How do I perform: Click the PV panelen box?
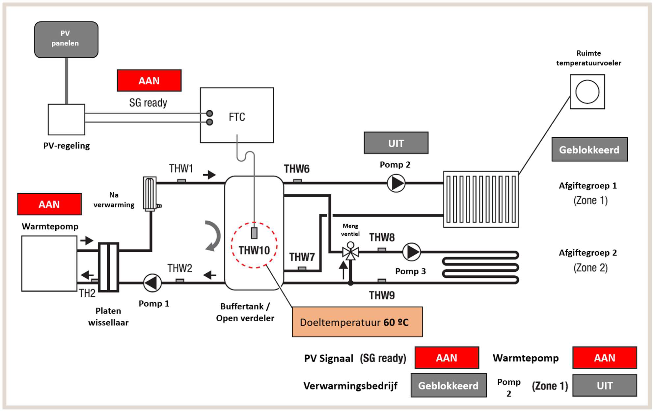pyautogui.click(x=66, y=40)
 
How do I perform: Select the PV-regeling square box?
pyautogui.click(x=66, y=120)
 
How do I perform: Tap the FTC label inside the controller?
pyautogui.click(x=237, y=117)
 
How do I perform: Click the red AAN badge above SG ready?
pyautogui.click(x=149, y=80)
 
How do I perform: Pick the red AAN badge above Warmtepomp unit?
pyautogui.click(x=49, y=204)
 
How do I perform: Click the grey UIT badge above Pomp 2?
pyautogui.click(x=396, y=143)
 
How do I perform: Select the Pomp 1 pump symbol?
pyautogui.click(x=152, y=283)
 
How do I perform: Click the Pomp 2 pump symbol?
pyautogui.click(x=396, y=183)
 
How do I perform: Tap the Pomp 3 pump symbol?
pyautogui.click(x=411, y=252)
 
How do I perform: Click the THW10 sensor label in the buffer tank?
pyautogui.click(x=254, y=250)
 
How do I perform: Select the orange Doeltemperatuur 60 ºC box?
pyautogui.click(x=357, y=322)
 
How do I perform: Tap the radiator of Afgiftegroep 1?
pyautogui.click(x=481, y=199)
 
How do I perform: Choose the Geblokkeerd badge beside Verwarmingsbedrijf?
pyautogui.click(x=449, y=385)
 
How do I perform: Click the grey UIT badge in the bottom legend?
pyautogui.click(x=605, y=385)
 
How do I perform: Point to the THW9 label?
pyautogui.click(x=382, y=295)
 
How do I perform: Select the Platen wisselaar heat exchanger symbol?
pyautogui.click(x=108, y=267)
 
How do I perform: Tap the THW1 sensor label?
pyautogui.click(x=181, y=169)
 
